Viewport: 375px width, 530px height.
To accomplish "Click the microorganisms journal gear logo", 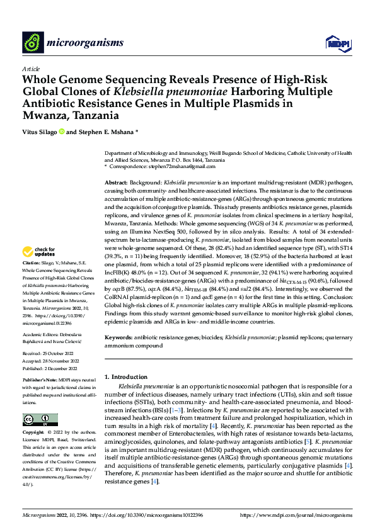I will coord(33,42).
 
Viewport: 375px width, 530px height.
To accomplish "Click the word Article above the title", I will coord(31,69).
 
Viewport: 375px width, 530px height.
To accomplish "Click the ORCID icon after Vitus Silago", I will coord(62,132).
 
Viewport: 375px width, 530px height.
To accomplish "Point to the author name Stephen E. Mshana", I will coord(105,132).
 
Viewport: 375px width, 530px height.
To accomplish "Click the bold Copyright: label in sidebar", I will coord(35,432).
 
